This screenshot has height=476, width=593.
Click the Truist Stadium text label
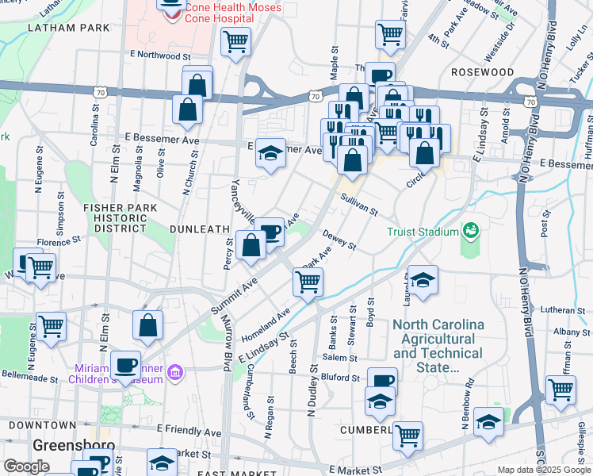(423, 232)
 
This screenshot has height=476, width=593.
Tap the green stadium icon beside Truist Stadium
(472, 230)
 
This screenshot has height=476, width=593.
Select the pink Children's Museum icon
(176, 371)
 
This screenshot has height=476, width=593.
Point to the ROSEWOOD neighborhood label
(483, 72)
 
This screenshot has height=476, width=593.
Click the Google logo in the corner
(26, 466)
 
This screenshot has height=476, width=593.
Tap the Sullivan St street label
(359, 204)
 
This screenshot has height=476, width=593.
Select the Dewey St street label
(339, 240)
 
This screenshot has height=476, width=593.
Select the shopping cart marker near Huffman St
(560, 390)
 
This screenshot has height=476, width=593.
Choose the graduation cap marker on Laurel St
(423, 280)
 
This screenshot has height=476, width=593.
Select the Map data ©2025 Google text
(544, 470)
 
